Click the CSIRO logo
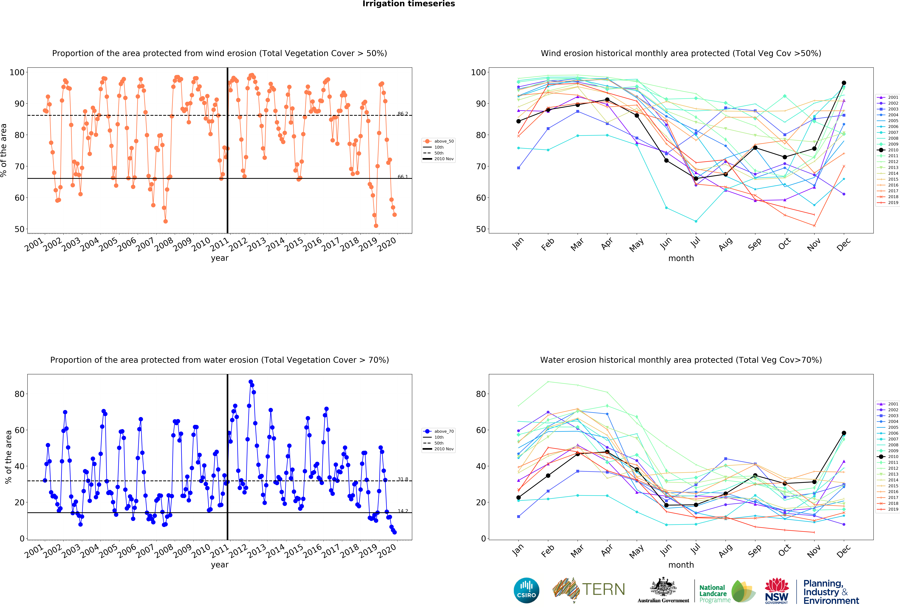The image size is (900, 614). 526,590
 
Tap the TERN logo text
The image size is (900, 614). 603,590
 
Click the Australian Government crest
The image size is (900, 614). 663,587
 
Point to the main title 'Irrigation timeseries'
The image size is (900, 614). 409,4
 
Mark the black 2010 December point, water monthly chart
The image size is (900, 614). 844,433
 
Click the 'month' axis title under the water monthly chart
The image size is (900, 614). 681,565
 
